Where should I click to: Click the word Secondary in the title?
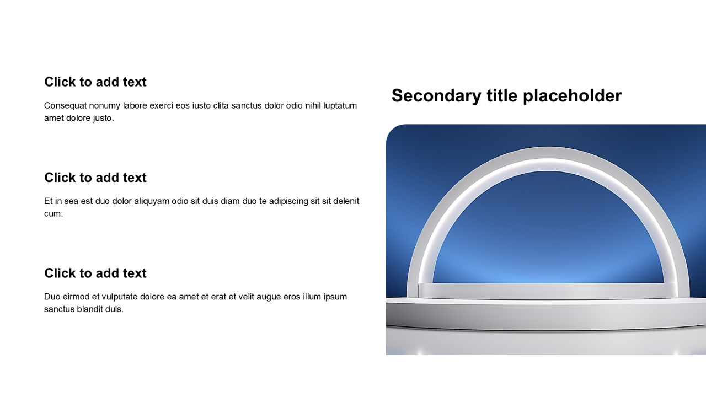pyautogui.click(x=436, y=96)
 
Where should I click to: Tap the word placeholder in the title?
pyautogui.click(x=573, y=96)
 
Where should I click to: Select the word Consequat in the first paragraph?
pyautogui.click(x=65, y=105)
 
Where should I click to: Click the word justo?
pyautogui.click(x=103, y=118)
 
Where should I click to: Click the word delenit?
pyautogui.click(x=346, y=201)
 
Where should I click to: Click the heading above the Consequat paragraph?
pyautogui.click(x=95, y=82)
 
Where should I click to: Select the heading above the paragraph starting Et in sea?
pyautogui.click(x=95, y=178)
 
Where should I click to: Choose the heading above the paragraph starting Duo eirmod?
pyautogui.click(x=95, y=273)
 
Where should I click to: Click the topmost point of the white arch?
pyautogui.click(x=548, y=147)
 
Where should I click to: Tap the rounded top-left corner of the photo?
pyautogui.click(x=390, y=128)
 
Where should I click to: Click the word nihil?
pyautogui.click(x=313, y=105)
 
